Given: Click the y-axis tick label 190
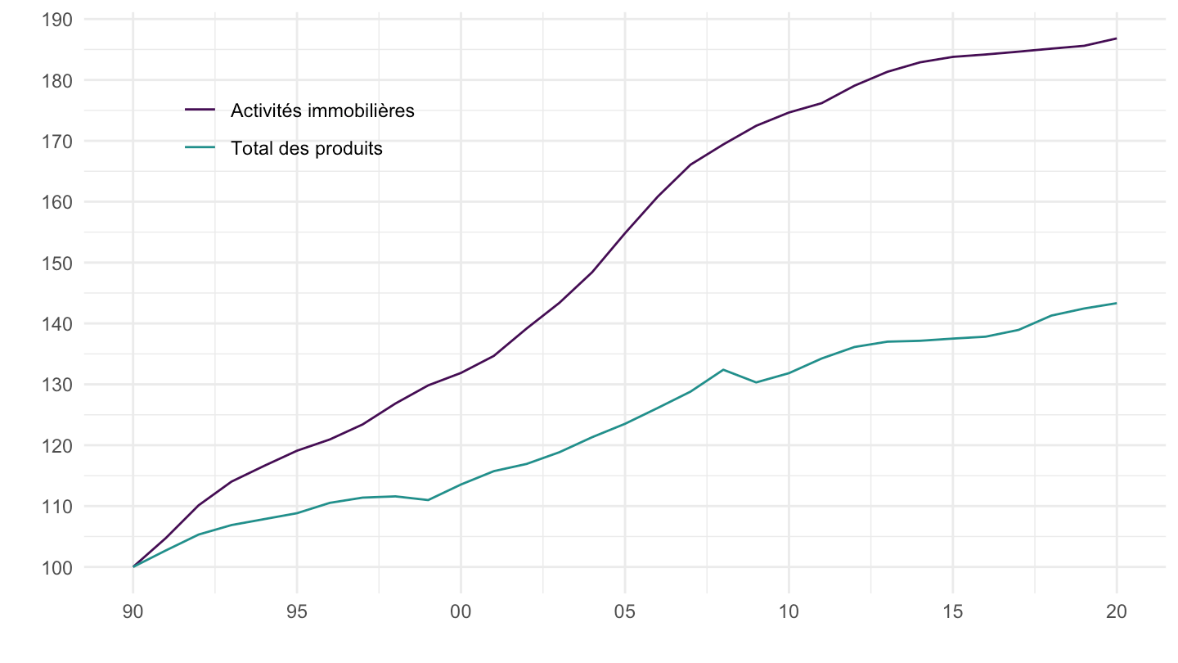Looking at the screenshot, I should coord(56,20).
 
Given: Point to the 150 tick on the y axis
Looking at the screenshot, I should coord(56,263).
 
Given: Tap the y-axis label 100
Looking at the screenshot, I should coord(56,567).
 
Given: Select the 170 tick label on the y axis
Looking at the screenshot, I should coord(56,142).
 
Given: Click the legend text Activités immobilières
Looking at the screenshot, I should coord(322,110).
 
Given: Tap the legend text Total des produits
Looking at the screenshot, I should coord(307,149).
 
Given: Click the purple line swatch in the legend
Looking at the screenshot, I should coord(200,110).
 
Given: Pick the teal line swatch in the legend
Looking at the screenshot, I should coord(200,148).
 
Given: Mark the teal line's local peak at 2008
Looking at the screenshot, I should coord(723,370).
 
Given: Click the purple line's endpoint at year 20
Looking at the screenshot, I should coord(1117,38).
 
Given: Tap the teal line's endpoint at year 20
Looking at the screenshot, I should coord(1117,304).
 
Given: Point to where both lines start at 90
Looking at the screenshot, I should coord(133,566).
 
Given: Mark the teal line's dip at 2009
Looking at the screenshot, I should coord(756,382).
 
